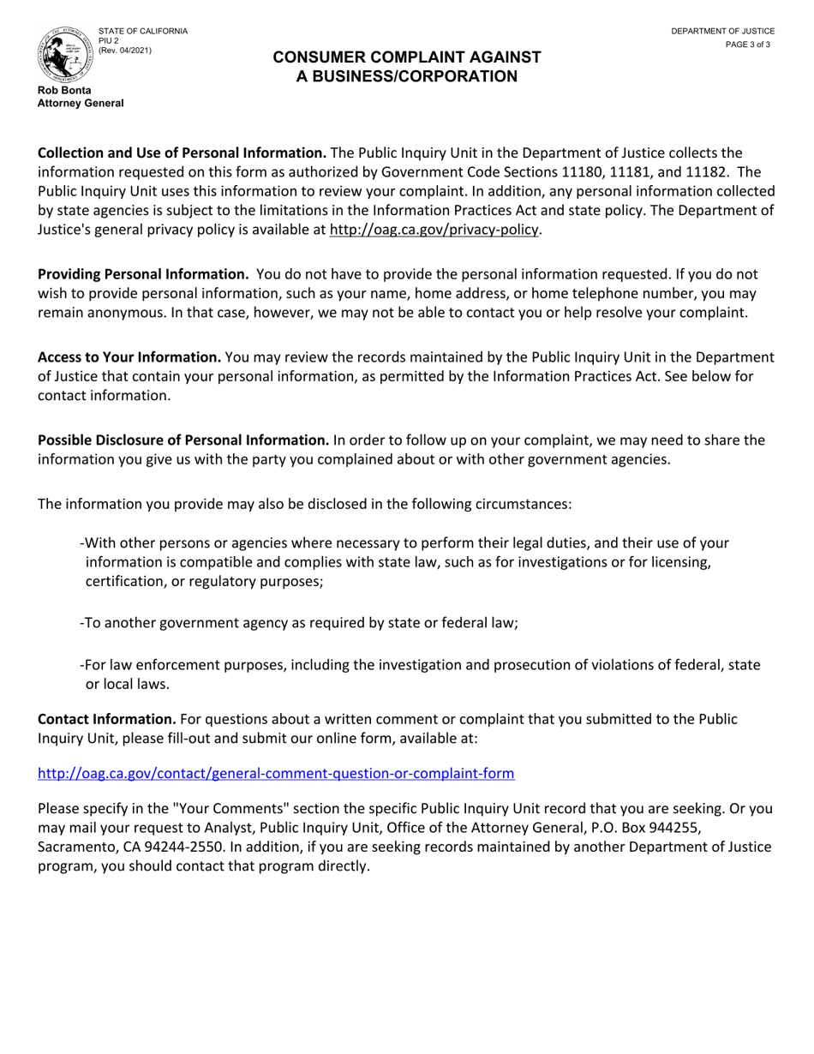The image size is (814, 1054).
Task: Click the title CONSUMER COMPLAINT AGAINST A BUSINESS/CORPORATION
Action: click(x=406, y=67)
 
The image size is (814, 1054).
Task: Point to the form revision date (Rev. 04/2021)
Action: click(x=125, y=51)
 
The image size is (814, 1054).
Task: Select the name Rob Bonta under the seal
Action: click(x=64, y=90)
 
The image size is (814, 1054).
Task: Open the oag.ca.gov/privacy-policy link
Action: click(x=434, y=230)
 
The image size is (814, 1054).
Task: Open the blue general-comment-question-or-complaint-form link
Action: click(x=276, y=774)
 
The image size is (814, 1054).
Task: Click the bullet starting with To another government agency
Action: click(x=300, y=623)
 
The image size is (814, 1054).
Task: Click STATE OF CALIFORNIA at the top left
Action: click(x=142, y=31)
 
